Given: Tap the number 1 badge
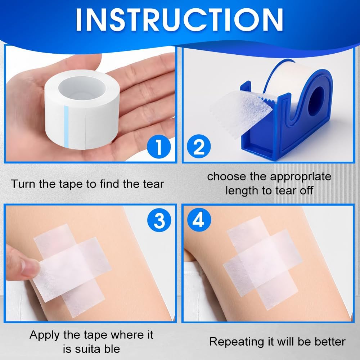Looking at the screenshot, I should tap(158, 147).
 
